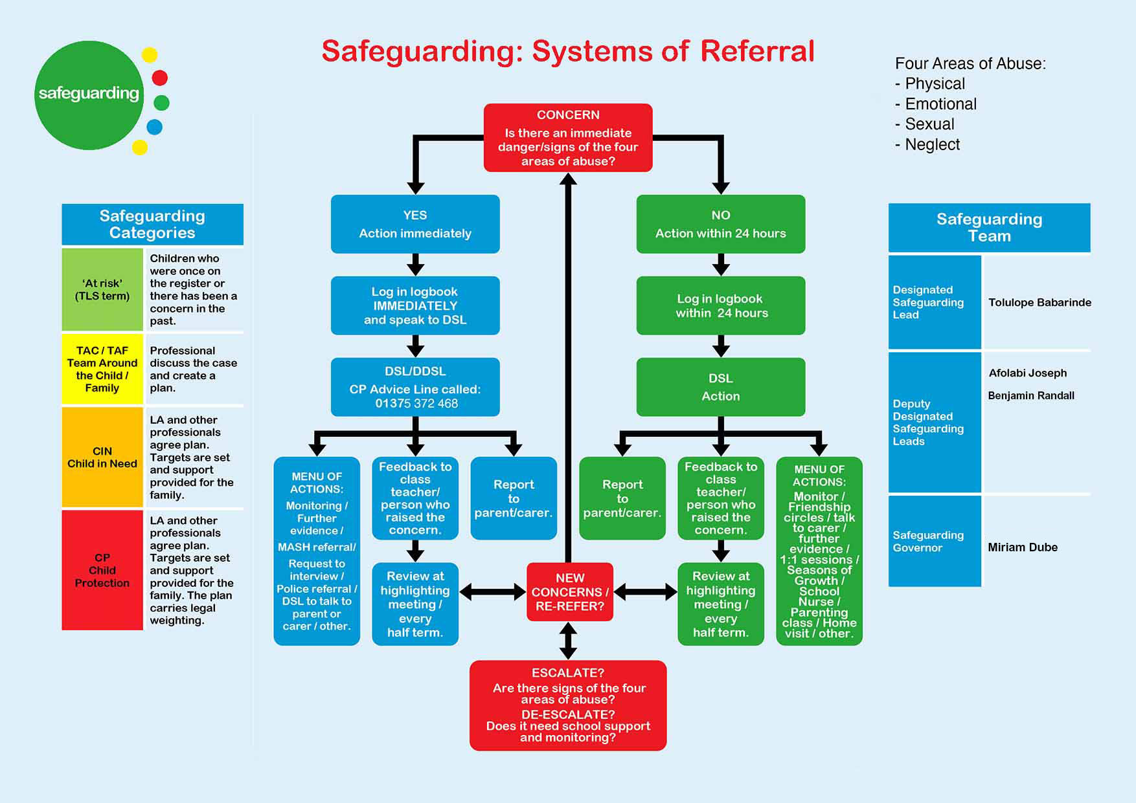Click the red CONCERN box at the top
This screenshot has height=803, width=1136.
pos(568,138)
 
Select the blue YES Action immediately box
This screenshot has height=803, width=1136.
pos(415,224)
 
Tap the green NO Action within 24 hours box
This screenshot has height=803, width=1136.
pos(721,224)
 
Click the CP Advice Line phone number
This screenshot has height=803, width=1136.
pos(416,404)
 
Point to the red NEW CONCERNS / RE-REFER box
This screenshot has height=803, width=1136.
pos(570,592)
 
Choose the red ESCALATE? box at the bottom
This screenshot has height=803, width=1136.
pos(568,705)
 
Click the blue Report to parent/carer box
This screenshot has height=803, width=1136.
pos(514,498)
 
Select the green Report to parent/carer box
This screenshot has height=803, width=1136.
pos(622,498)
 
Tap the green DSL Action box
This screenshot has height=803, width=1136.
pos(721,387)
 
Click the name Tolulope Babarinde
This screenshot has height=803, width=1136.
pos(1039,302)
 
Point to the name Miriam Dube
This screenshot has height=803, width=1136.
pos(1023,547)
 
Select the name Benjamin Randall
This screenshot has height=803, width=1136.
pos(1031,395)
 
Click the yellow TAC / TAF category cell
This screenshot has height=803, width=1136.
pos(102,369)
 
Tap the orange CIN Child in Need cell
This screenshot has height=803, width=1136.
pos(102,457)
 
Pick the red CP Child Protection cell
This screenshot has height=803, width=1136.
pos(102,570)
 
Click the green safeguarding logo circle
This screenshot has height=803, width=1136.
pos(89,95)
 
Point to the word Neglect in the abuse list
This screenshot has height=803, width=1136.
pos(932,144)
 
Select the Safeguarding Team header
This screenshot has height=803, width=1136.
pos(989,228)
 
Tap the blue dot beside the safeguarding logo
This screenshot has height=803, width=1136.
pos(154,127)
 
